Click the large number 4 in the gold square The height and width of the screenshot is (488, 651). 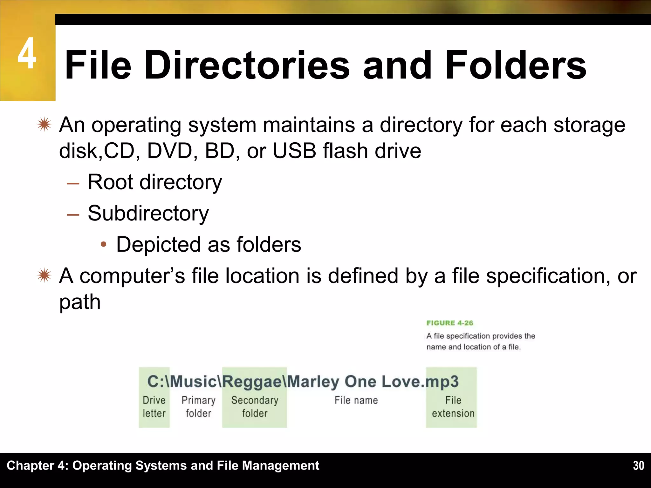[x=27, y=53]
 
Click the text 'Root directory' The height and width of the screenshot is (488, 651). [x=155, y=182]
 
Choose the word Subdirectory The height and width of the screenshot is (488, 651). [x=148, y=213]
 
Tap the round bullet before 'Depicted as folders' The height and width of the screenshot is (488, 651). [x=103, y=244]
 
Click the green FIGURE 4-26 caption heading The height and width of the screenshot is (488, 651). [x=449, y=323]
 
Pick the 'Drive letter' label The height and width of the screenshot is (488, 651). [x=154, y=407]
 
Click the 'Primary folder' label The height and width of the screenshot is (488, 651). [x=198, y=407]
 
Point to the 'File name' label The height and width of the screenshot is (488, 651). [x=356, y=400]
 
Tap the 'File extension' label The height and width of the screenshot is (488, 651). [x=453, y=407]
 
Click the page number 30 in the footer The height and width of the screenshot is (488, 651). [x=638, y=465]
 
